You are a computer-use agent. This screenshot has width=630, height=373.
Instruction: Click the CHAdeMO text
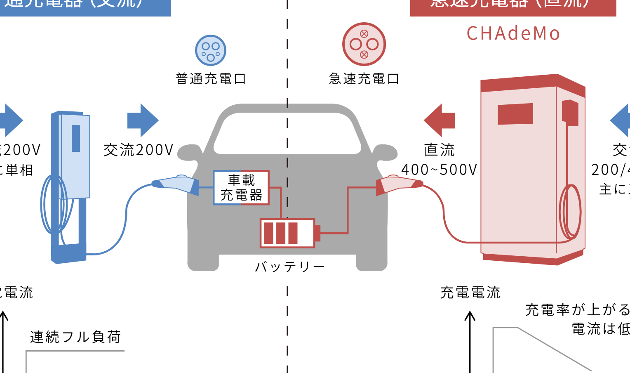(x=513, y=33)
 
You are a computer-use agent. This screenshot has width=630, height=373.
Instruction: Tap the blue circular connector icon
(x=211, y=50)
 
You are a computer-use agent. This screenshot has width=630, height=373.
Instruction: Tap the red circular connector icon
(x=364, y=44)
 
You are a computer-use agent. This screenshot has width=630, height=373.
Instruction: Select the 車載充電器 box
(x=241, y=188)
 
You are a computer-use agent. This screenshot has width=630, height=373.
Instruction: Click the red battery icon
(x=288, y=233)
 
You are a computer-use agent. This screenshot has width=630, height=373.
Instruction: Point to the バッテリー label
(x=289, y=267)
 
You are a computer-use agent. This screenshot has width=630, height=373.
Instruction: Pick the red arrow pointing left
(x=440, y=120)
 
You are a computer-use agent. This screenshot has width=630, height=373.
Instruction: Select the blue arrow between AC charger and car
(x=143, y=120)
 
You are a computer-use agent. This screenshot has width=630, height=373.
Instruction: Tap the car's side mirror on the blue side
(x=189, y=153)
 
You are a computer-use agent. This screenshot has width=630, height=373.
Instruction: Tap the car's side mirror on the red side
(x=385, y=153)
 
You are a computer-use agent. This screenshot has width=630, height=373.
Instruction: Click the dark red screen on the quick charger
(x=515, y=113)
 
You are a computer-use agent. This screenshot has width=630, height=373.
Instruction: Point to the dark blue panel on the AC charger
(x=76, y=138)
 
